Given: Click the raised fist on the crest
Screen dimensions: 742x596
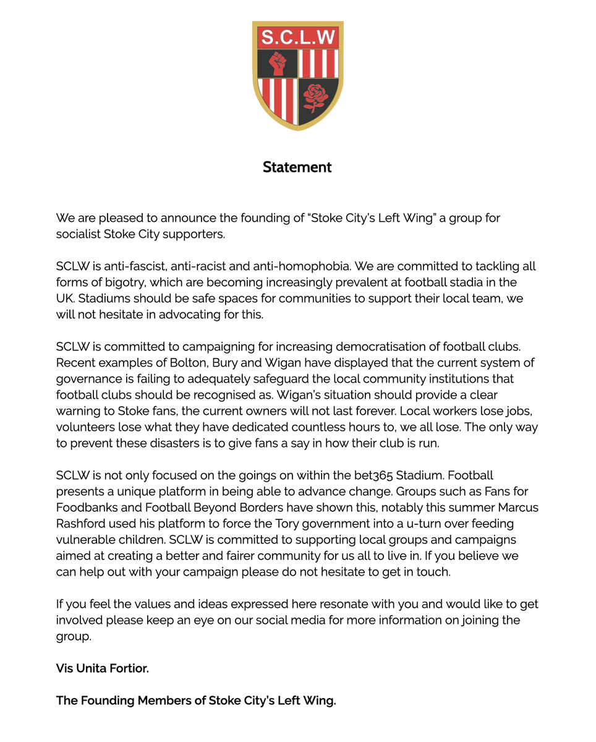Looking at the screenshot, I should (278, 64).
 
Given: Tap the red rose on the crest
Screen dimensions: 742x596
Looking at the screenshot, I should (316, 97).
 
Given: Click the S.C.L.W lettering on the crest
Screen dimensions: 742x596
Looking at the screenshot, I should (297, 38).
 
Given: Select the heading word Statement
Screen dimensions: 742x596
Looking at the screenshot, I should (297, 167).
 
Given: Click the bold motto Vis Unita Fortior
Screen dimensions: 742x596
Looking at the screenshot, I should (103, 668).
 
